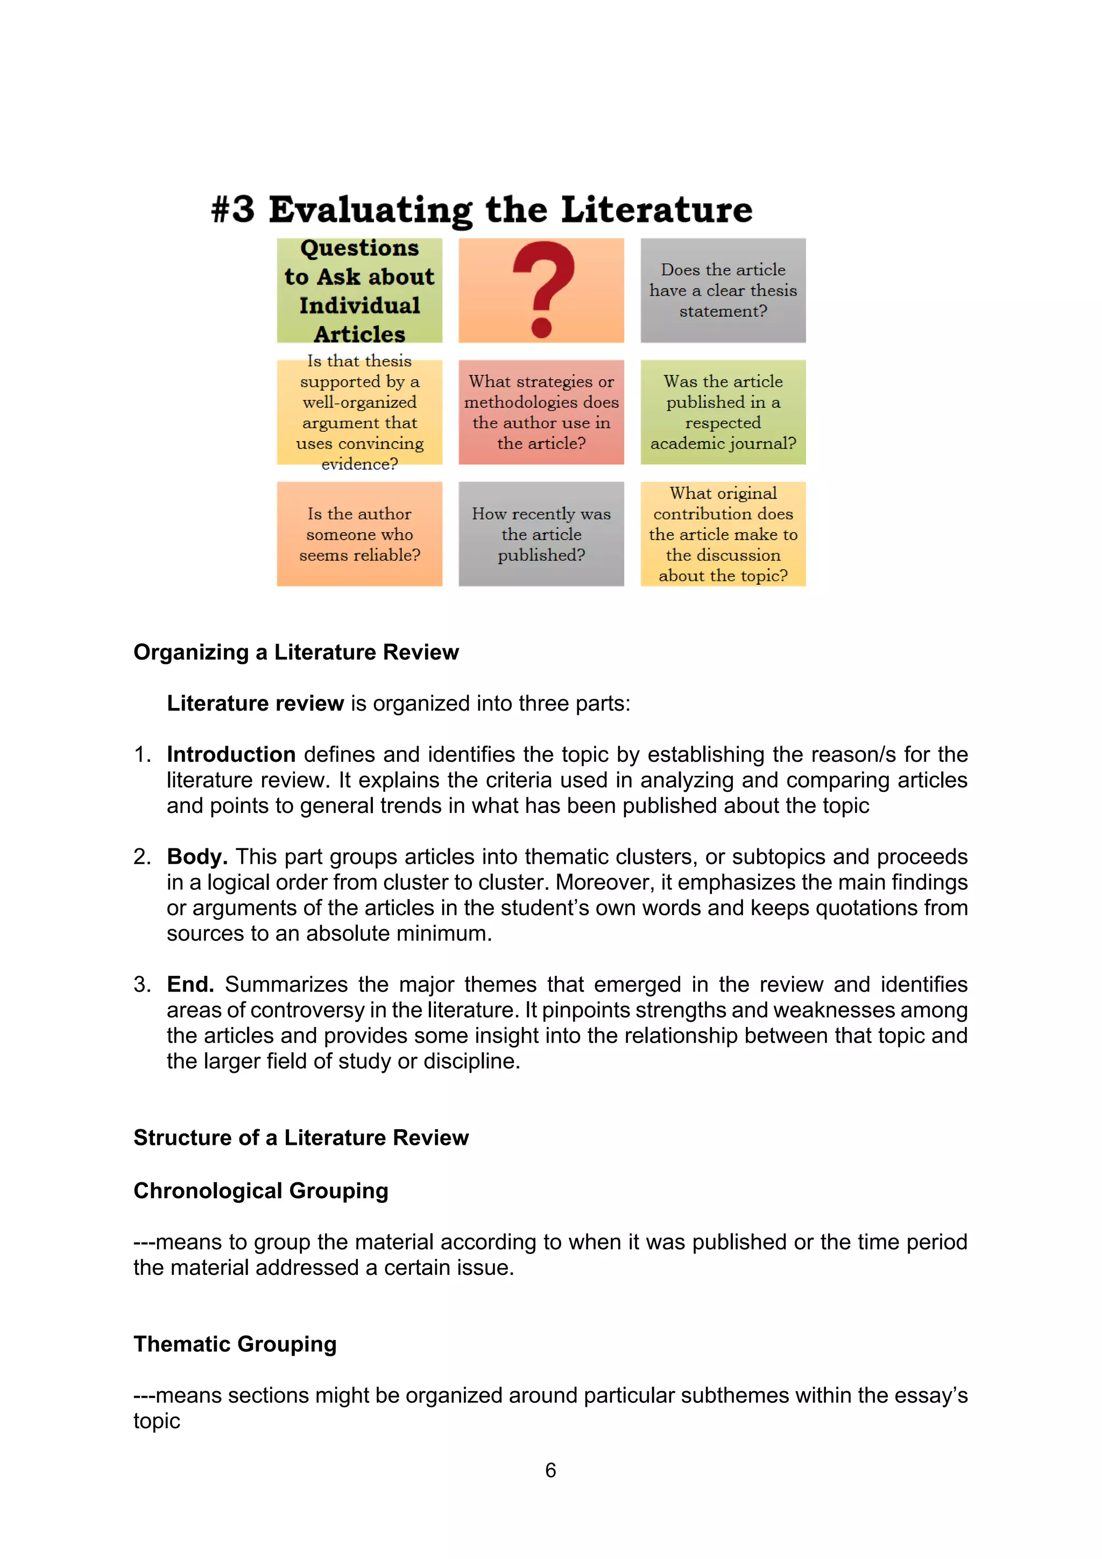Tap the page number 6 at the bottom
click(550, 1470)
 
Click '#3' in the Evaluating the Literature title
click(233, 209)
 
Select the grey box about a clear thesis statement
click(723, 290)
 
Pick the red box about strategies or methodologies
click(541, 412)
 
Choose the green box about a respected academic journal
click(723, 412)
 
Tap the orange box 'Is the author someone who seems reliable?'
click(359, 534)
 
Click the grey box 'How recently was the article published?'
click(541, 534)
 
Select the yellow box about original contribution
click(723, 534)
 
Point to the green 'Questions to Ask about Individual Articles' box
click(359, 290)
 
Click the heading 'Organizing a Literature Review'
click(296, 652)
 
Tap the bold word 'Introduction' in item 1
click(231, 754)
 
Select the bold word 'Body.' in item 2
click(197, 857)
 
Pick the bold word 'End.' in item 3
click(190, 984)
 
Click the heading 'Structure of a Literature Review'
click(301, 1138)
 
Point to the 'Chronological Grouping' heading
click(261, 1191)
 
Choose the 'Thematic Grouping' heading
click(235, 1344)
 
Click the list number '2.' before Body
click(142, 857)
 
